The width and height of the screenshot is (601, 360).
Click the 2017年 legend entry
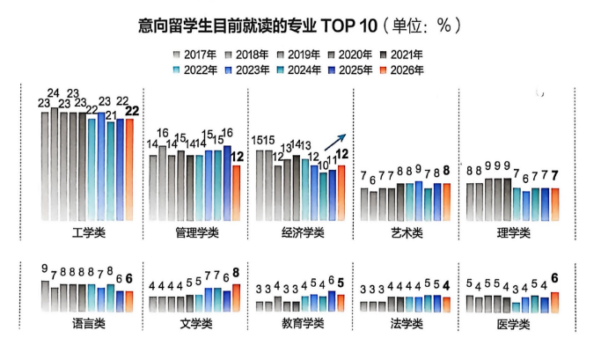point(200,55)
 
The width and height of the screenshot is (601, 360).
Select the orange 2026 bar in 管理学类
point(236,193)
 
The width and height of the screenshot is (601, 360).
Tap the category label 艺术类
point(406,232)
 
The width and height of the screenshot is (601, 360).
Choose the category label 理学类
point(513,232)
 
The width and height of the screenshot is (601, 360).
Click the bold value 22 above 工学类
point(132,110)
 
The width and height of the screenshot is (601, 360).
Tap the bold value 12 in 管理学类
point(237,156)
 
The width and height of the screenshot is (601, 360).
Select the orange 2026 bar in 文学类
point(237,298)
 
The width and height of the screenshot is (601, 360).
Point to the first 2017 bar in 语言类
point(46,295)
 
